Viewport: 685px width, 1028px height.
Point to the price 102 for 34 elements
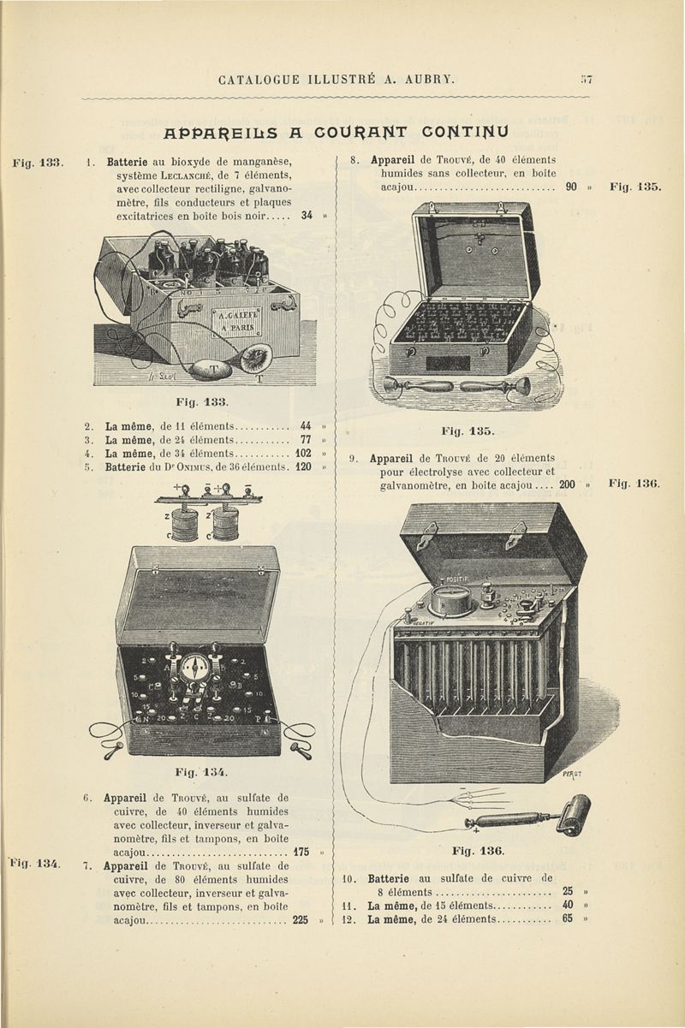pyautogui.click(x=302, y=454)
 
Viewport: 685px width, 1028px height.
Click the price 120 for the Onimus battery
pyautogui.click(x=302, y=468)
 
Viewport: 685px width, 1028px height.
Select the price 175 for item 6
pyautogui.click(x=301, y=853)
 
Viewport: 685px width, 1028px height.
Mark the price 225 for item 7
pyautogui.click(x=301, y=921)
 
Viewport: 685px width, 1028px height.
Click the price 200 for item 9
pyautogui.click(x=567, y=485)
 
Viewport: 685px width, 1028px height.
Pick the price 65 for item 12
pyautogui.click(x=568, y=919)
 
